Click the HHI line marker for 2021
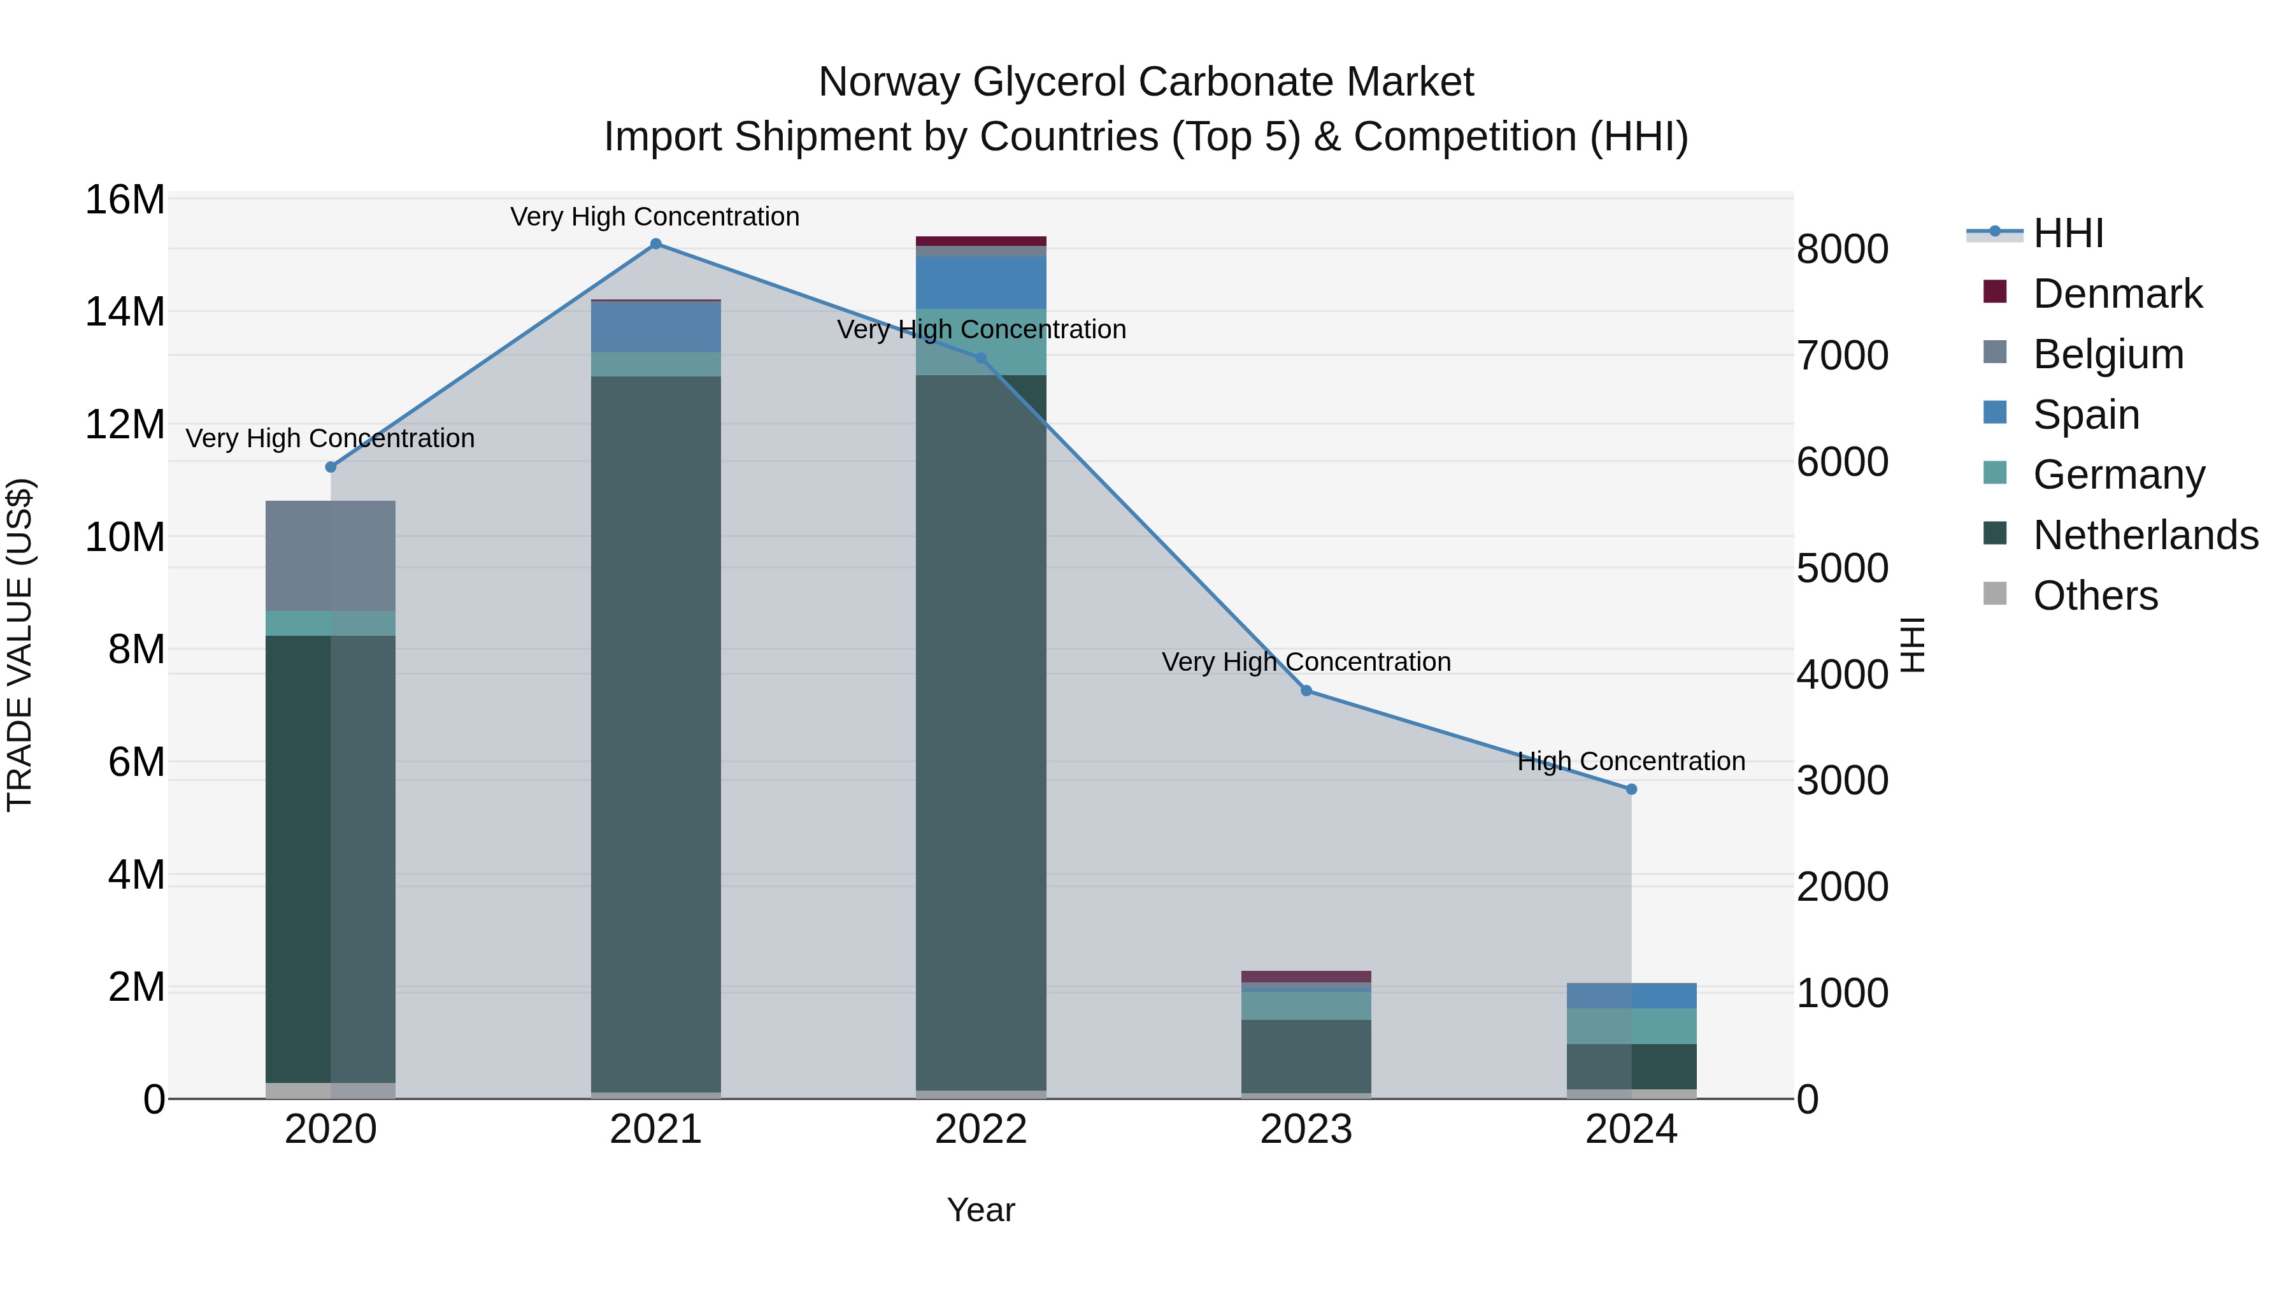click(655, 244)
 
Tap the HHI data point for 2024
click(1631, 789)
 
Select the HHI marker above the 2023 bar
click(1306, 691)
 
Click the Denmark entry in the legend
click(2117, 294)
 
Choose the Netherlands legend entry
click(2145, 535)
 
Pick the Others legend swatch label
click(2096, 596)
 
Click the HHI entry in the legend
click(2068, 233)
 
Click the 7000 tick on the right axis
click(1841, 355)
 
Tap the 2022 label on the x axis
click(981, 1129)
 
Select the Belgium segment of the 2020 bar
click(330, 555)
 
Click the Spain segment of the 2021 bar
click(655, 327)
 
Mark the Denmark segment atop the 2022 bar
click(981, 241)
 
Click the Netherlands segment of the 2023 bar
click(1306, 1056)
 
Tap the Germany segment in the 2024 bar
click(1631, 1026)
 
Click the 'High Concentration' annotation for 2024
click(1631, 762)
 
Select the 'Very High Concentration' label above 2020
click(330, 439)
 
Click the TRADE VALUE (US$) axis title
click(20, 645)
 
